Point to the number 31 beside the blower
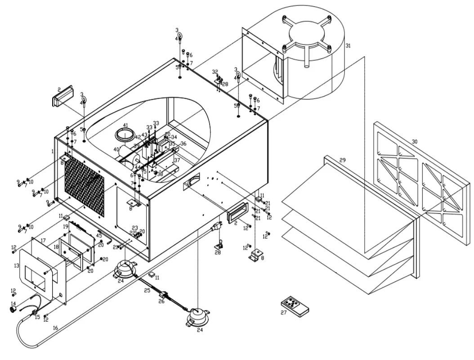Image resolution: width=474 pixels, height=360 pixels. pos(348,46)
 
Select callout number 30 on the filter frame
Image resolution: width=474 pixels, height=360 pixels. pos(414,141)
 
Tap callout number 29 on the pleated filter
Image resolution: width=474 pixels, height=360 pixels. pos(343,160)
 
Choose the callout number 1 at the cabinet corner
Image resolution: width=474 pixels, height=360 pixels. pos(52,151)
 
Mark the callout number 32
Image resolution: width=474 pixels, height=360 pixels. pos(215,72)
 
